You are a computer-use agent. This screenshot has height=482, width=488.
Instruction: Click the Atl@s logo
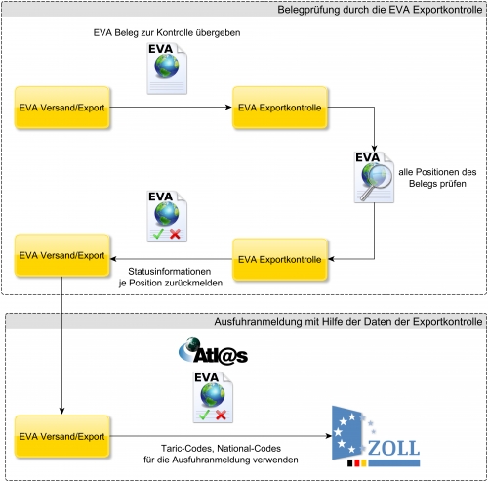click(214, 351)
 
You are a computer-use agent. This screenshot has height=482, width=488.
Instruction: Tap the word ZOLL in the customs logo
click(393, 448)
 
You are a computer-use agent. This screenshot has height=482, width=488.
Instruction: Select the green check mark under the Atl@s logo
click(204, 415)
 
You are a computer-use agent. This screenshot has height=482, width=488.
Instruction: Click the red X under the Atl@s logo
click(221, 415)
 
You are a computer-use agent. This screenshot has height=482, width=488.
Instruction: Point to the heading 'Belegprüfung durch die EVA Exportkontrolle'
click(380, 10)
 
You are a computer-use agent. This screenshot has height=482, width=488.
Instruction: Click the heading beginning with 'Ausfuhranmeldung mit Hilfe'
click(348, 322)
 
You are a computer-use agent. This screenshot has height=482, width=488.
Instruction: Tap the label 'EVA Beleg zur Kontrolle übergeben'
click(167, 32)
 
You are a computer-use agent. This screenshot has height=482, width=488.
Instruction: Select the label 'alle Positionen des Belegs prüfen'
click(437, 178)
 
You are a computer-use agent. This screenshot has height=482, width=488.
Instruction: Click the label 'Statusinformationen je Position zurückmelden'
click(171, 277)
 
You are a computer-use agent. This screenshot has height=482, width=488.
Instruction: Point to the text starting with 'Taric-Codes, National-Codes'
click(221, 454)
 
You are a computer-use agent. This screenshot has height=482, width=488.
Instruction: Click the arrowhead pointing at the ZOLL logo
click(329, 436)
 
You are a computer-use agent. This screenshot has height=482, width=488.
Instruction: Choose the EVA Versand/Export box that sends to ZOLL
click(61, 436)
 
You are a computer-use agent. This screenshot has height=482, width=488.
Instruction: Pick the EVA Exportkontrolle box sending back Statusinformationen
click(280, 259)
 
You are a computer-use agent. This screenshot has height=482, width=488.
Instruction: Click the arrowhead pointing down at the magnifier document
click(374, 149)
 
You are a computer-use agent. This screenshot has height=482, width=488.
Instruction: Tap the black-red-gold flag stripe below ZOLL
click(356, 462)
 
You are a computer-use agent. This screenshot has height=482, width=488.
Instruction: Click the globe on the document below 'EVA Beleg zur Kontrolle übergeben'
click(167, 66)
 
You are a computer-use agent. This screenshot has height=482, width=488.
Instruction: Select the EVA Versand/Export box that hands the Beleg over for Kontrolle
click(61, 108)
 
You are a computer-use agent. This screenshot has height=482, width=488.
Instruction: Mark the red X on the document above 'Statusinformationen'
click(175, 234)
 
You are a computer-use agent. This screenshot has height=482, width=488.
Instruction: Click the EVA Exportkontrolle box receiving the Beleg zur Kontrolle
click(280, 108)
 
